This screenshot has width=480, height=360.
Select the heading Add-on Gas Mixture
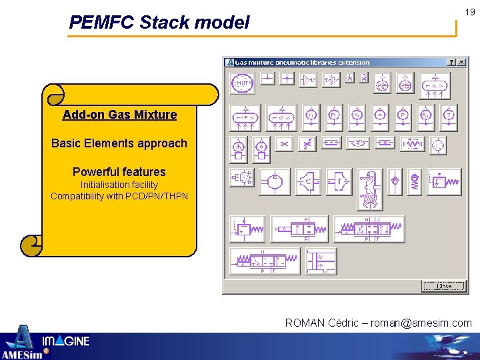[x=119, y=115]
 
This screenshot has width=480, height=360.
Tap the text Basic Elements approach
[x=119, y=143]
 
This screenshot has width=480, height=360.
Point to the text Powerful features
[x=119, y=172]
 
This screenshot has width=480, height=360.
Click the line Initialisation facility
[x=119, y=185]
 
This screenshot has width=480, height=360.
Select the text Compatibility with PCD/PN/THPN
[x=119, y=196]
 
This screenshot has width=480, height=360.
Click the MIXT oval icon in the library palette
[x=243, y=83]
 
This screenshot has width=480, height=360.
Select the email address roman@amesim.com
[x=421, y=323]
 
